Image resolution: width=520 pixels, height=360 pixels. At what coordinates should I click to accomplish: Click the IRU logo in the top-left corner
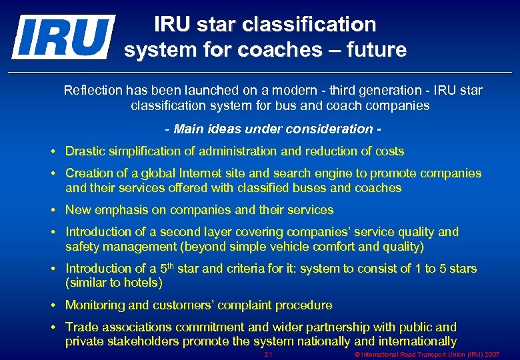coord(63,37)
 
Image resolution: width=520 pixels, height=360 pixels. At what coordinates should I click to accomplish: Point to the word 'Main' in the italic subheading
coord(189,129)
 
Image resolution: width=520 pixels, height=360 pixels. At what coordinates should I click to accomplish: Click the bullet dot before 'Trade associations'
coord(53,327)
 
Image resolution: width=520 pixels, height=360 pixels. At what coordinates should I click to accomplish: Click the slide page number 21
coord(269,354)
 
